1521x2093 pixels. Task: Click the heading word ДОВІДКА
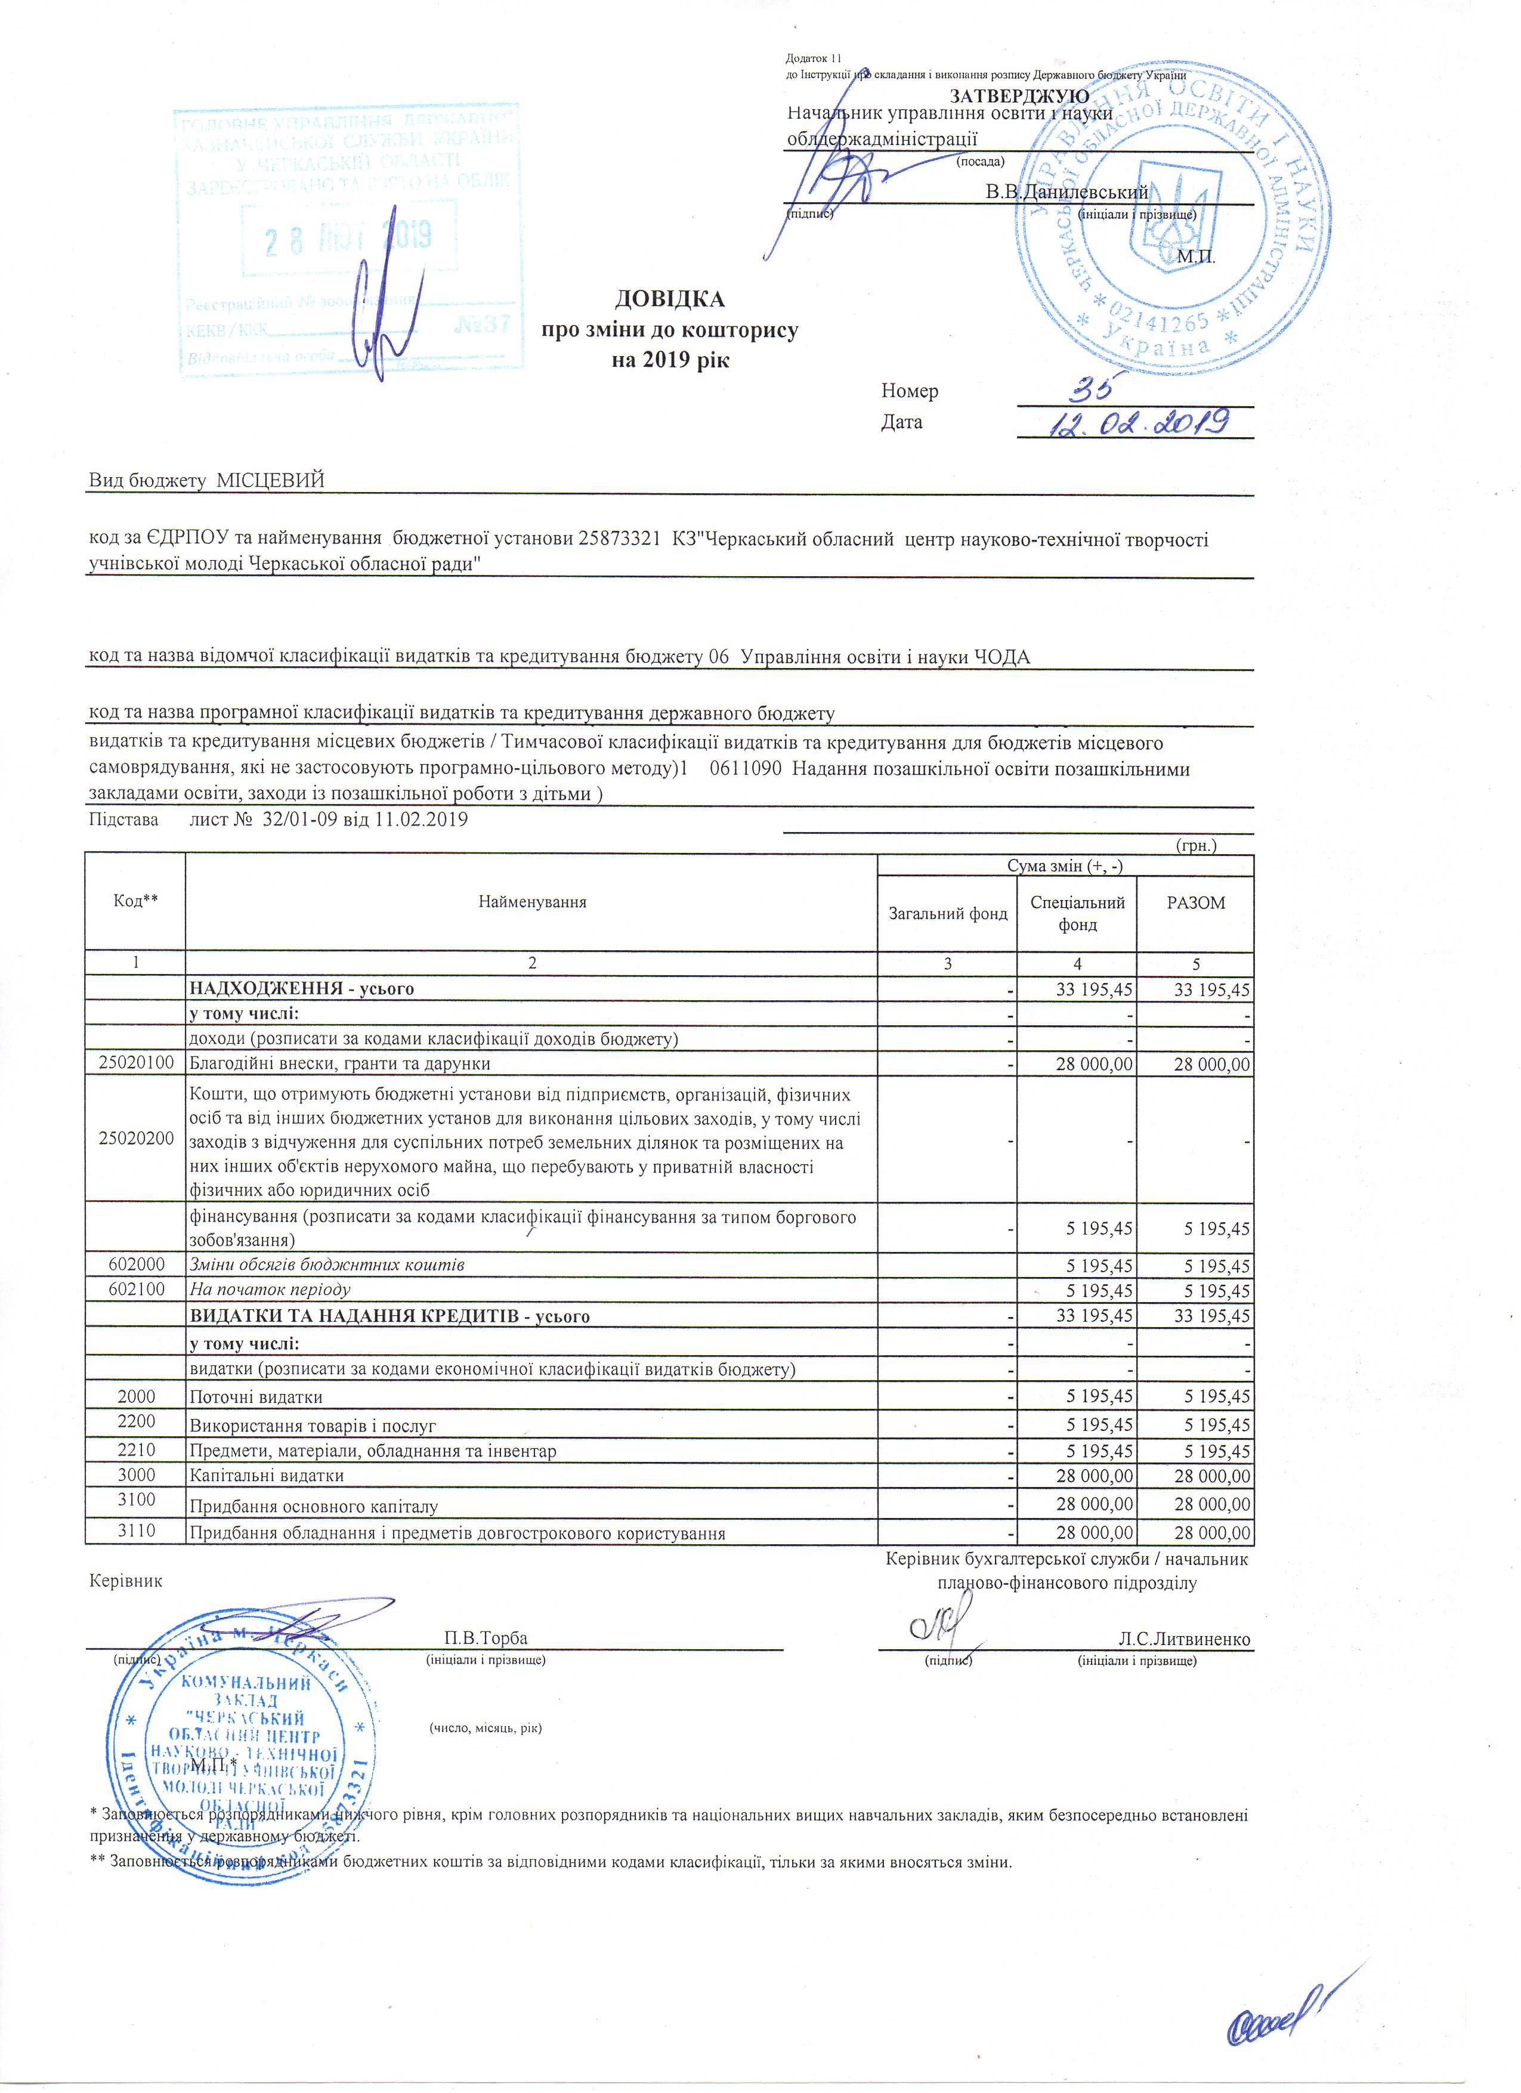click(x=669, y=300)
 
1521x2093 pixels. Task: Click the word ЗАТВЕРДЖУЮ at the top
click(x=1019, y=95)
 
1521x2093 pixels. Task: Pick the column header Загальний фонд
click(x=947, y=914)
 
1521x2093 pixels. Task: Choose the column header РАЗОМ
click(x=1195, y=904)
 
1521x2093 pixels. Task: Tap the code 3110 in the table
click(x=135, y=1531)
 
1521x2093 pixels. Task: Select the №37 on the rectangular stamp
click(x=483, y=325)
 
